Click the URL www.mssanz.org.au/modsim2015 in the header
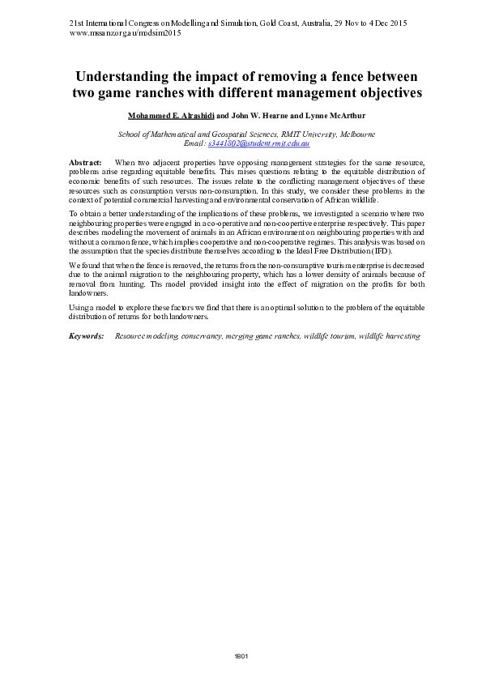(125, 34)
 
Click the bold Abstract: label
(85, 164)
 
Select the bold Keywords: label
(87, 335)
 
